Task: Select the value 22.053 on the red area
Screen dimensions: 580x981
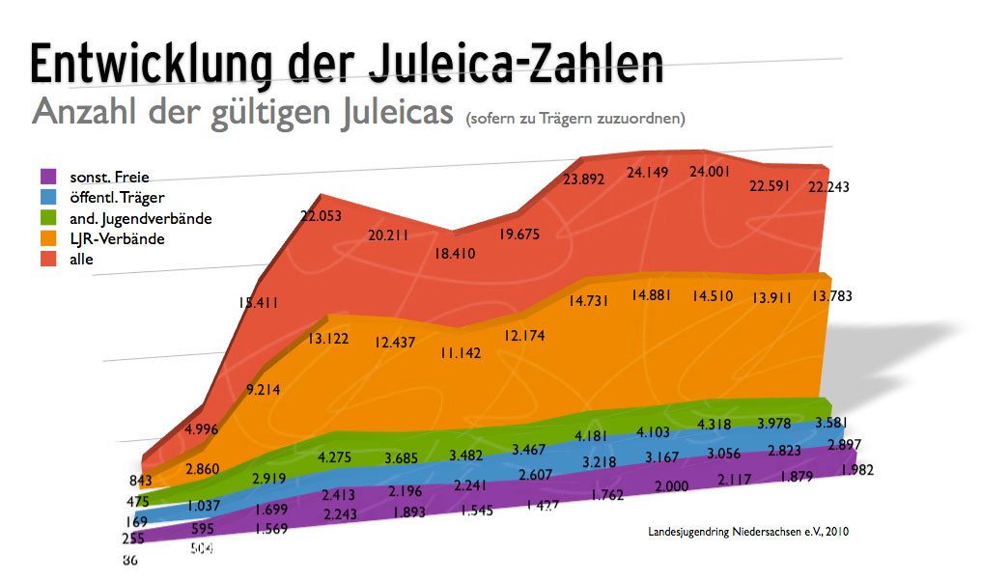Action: [322, 217]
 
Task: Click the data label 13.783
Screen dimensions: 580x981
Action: [831, 294]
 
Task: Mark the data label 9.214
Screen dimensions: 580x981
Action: [264, 391]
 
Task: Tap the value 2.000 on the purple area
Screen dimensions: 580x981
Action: [671, 486]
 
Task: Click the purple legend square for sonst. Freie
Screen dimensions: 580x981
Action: [46, 177]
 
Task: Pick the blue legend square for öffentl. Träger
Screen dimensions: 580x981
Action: [46, 197]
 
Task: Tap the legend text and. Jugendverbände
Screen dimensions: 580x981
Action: [140, 218]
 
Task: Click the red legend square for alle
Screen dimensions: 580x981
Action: [46, 259]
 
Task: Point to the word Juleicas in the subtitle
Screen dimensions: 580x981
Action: [397, 111]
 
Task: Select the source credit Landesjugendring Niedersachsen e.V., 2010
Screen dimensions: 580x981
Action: [748, 531]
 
